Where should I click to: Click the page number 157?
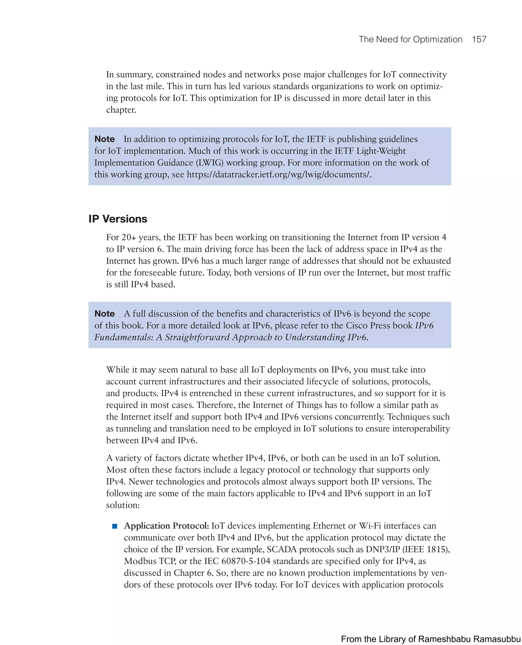(x=479, y=39)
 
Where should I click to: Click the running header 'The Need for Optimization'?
(x=410, y=39)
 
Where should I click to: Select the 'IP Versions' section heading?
(x=118, y=219)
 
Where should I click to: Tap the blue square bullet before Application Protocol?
(x=114, y=526)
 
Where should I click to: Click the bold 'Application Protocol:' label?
(x=166, y=526)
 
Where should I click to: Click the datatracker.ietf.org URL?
(x=279, y=174)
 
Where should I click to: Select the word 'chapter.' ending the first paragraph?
(x=121, y=110)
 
